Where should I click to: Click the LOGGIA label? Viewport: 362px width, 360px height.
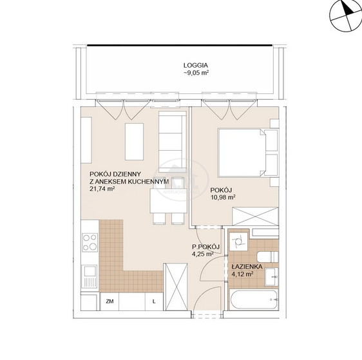196,65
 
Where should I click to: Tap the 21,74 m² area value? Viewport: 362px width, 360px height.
102,189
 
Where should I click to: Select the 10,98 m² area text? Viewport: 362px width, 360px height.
223,197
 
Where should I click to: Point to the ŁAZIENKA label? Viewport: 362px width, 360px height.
247,267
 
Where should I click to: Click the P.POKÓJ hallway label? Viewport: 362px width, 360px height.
205,247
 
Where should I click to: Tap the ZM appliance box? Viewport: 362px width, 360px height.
110,301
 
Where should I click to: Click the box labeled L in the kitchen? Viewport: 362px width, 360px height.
154,301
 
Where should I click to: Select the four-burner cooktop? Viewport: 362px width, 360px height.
90,242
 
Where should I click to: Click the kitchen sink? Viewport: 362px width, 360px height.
90,276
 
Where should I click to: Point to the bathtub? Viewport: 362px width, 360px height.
254,299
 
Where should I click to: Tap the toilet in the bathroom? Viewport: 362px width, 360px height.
268,257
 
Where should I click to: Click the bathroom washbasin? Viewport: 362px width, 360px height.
272,277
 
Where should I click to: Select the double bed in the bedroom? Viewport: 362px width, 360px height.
242,153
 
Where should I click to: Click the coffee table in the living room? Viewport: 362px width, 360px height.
134,142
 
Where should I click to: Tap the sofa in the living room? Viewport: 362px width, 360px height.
173,142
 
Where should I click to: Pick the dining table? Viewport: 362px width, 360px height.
168,201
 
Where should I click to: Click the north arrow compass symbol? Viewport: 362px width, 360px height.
345,15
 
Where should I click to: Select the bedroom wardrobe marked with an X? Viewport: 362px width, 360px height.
255,216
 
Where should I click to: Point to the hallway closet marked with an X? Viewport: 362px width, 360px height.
175,287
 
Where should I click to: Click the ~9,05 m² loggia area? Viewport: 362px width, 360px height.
196,73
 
